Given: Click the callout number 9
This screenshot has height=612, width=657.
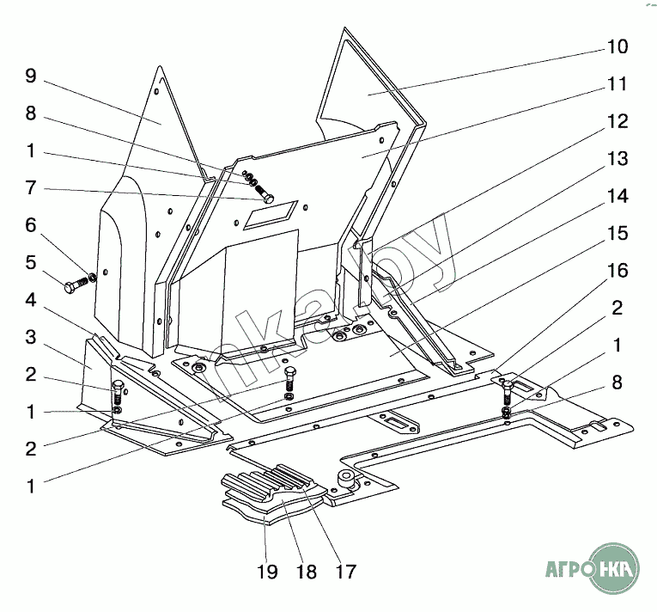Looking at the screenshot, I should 30,76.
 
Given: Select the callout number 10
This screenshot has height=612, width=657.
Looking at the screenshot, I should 617,46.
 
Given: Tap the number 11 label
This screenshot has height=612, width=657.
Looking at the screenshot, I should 617,84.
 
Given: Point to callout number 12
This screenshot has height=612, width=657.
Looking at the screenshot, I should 617,122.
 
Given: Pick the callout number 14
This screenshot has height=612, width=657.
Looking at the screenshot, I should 617,197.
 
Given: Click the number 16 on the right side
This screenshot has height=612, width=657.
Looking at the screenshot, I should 617,272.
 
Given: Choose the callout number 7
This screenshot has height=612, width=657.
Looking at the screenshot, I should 30,188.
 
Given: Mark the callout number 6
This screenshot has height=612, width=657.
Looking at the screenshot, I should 30,225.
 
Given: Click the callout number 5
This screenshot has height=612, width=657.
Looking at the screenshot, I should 30,263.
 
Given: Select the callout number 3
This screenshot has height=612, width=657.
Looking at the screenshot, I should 30,337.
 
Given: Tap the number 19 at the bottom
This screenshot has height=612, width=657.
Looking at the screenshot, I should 268,572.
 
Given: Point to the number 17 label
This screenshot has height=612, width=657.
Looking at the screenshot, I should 345,572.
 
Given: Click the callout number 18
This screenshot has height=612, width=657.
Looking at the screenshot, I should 307,572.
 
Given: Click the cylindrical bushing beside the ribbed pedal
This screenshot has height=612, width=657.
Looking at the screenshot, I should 347,479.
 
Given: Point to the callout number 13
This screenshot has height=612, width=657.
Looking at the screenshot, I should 617,159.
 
